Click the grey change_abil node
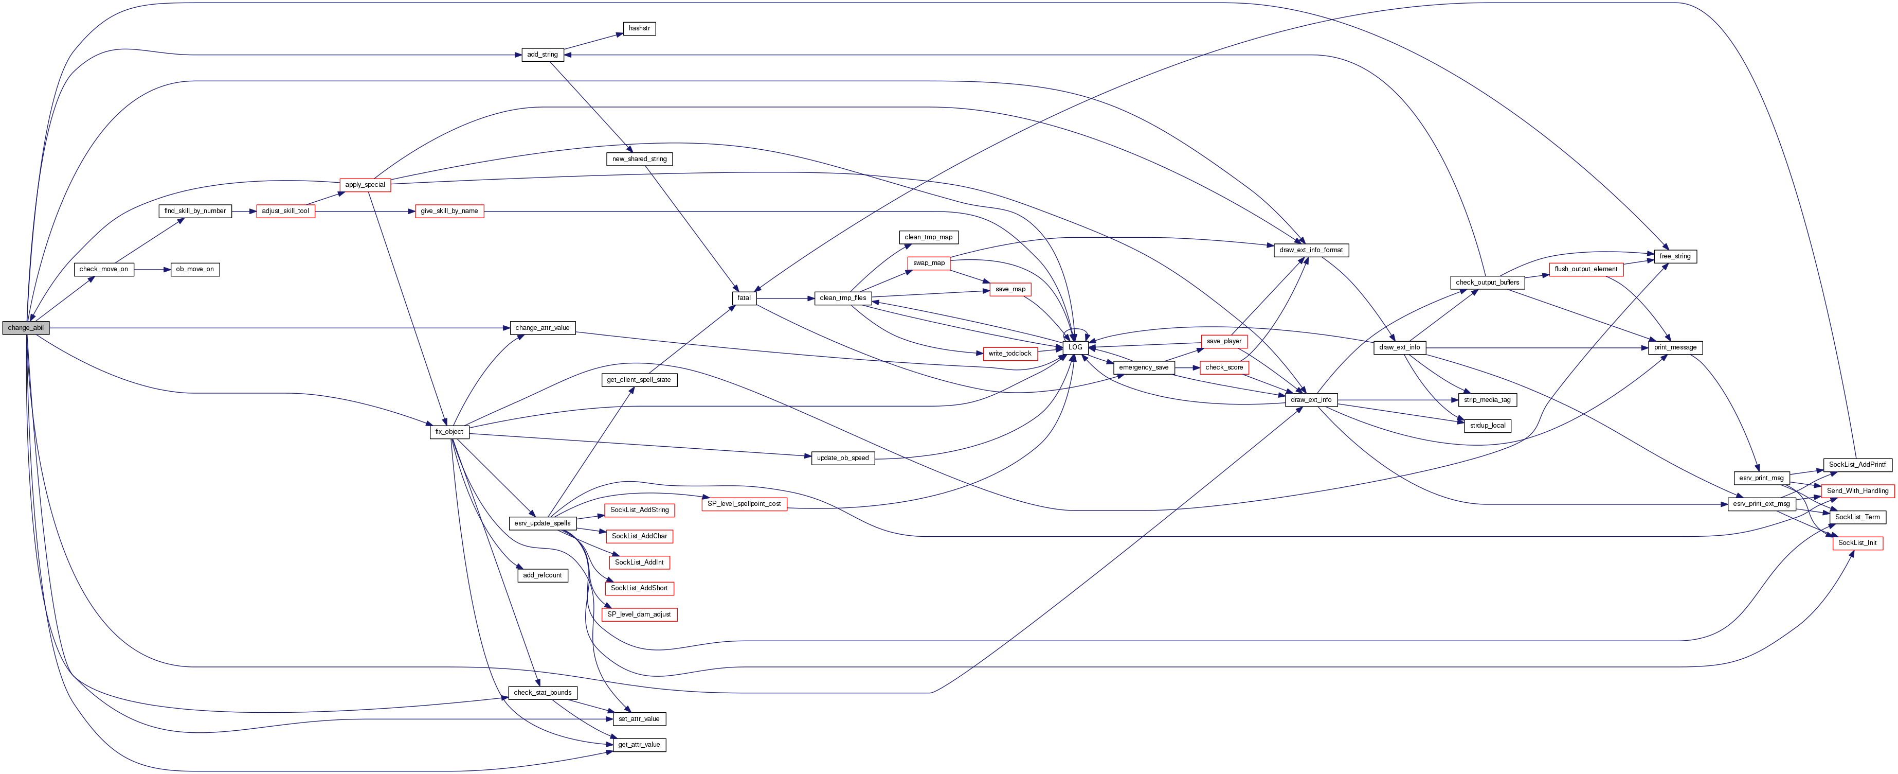[26, 328]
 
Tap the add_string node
[543, 55]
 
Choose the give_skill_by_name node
[449, 211]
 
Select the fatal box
[744, 298]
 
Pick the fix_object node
[449, 432]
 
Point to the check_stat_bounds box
[543, 693]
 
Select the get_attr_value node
[639, 745]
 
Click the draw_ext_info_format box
[1311, 251]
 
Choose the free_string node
[1675, 256]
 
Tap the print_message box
[1675, 347]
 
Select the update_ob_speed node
[842, 459]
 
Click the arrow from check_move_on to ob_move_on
[153, 270]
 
